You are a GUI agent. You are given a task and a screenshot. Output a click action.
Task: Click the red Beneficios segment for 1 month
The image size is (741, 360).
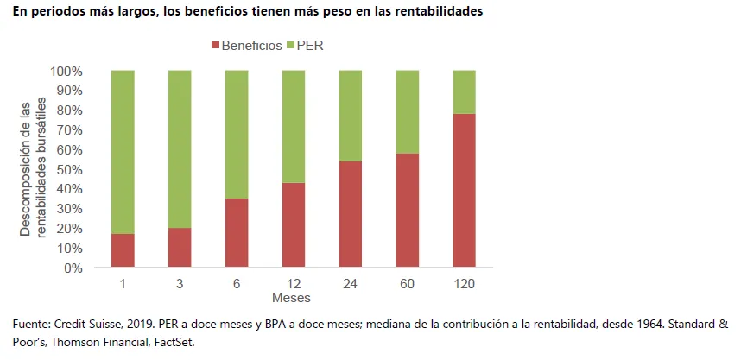(123, 250)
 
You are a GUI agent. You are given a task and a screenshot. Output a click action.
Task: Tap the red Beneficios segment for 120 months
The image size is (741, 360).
(465, 191)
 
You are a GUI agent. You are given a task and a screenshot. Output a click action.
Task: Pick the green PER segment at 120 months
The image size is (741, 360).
(465, 92)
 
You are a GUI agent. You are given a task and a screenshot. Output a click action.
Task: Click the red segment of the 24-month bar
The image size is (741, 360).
(351, 214)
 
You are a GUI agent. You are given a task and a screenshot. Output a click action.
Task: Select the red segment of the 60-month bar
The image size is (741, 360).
(408, 211)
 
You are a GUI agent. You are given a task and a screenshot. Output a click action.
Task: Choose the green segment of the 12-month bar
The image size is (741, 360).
(294, 126)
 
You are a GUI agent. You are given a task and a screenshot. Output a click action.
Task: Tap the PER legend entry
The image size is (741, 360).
(310, 45)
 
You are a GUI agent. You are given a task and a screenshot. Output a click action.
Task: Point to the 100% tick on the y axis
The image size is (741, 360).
(66, 71)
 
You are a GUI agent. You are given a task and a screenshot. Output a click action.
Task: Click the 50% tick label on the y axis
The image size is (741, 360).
(69, 169)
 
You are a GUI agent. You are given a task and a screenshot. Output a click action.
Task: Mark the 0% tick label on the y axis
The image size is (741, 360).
(73, 268)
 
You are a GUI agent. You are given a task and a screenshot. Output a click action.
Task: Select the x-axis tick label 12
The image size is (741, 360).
(294, 283)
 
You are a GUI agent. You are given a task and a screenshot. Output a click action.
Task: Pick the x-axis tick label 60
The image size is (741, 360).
(408, 283)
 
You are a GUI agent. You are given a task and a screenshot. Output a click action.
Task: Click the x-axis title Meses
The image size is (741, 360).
(291, 298)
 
